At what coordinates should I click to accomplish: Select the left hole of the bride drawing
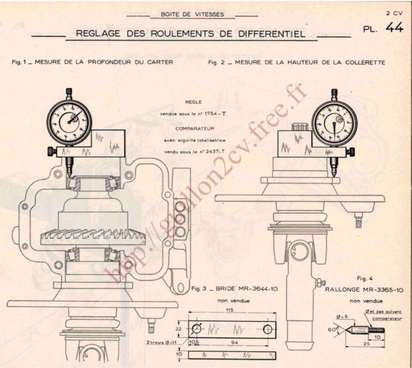[x=196, y=329]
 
